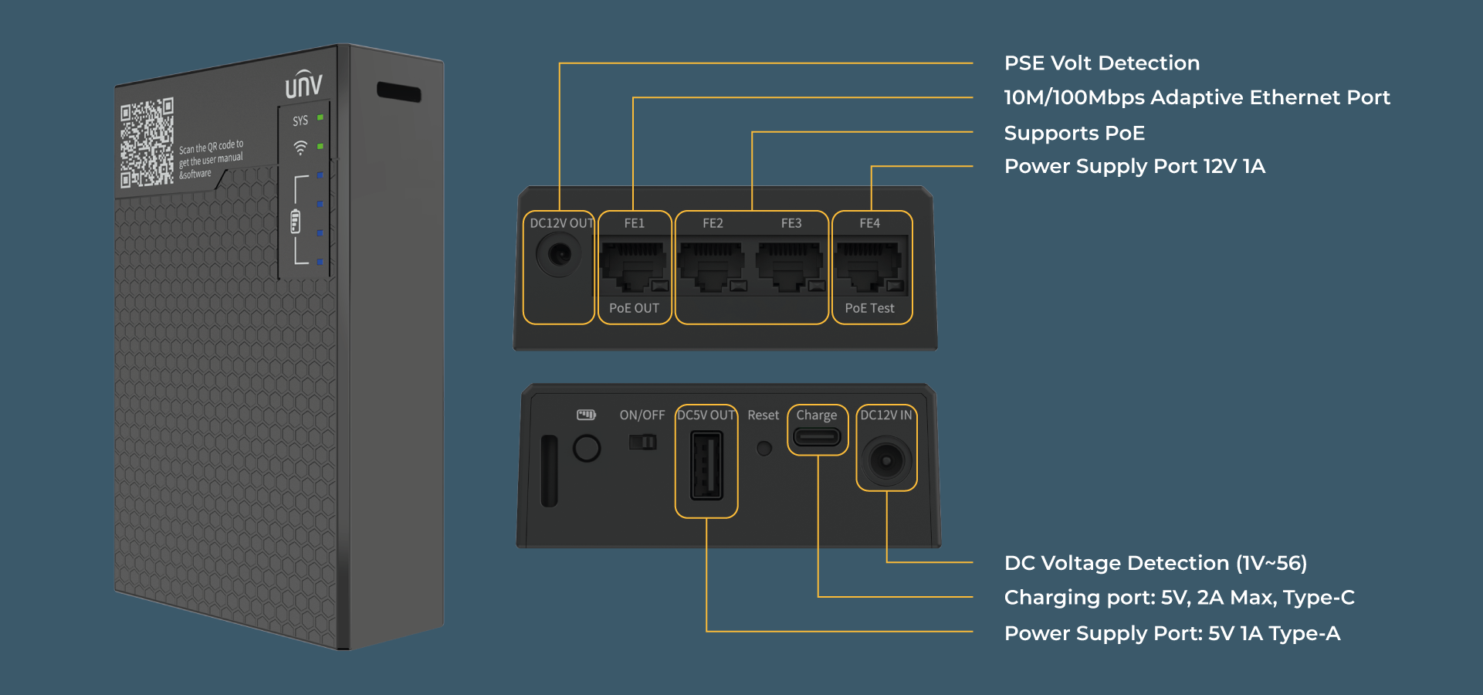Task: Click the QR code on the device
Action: click(147, 143)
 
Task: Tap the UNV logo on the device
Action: click(303, 84)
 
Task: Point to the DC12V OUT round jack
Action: click(559, 254)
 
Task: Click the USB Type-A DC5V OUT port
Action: click(706, 466)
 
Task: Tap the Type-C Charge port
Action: click(817, 437)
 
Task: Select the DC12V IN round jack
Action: click(886, 461)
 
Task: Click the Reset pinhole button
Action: click(764, 449)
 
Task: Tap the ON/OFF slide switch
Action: click(642, 442)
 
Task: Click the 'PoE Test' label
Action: click(869, 308)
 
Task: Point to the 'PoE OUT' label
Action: click(634, 308)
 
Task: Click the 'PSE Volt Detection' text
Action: click(1102, 63)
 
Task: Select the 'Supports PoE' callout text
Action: click(1074, 133)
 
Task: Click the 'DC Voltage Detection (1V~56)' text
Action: click(1155, 563)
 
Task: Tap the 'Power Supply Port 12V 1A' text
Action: click(1134, 166)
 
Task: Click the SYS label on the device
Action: click(300, 120)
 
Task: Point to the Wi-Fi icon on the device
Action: click(300, 147)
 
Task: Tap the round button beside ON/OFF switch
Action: click(587, 448)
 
